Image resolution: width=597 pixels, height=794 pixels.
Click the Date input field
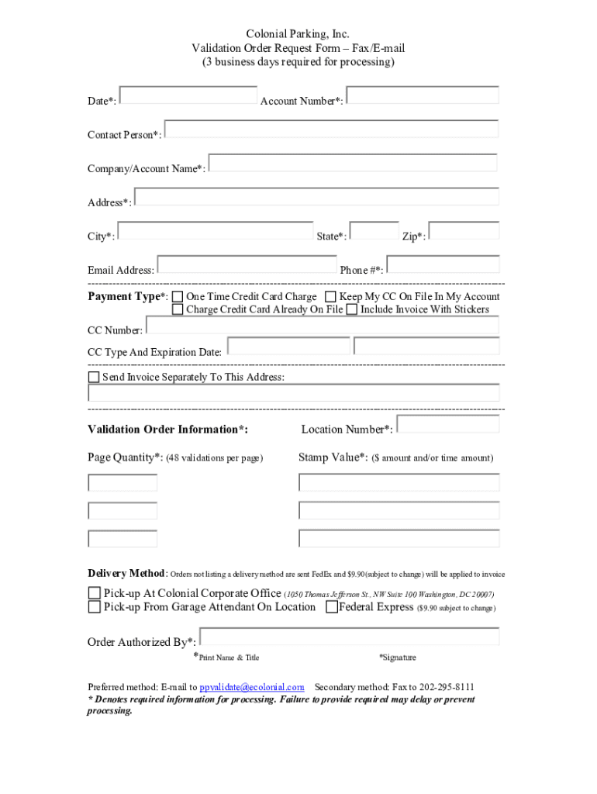tap(188, 95)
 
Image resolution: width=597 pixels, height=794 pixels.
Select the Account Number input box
tap(423, 95)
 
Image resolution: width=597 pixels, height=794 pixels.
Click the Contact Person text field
tap(331, 129)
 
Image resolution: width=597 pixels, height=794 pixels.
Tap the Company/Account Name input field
tap(353, 163)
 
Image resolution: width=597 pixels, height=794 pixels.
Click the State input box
tap(374, 231)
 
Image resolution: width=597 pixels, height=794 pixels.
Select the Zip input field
tap(464, 231)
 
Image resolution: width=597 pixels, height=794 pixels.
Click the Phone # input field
tap(443, 264)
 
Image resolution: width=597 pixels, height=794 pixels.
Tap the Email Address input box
tap(247, 264)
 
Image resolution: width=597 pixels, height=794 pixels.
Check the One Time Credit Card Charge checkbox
tap(178, 297)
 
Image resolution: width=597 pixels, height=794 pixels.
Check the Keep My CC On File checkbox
tap(331, 297)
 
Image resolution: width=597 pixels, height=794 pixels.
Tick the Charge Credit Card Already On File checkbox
tap(178, 309)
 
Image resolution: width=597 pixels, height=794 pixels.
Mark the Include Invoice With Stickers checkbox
tap(352, 309)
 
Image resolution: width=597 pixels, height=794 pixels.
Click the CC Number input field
tap(322, 325)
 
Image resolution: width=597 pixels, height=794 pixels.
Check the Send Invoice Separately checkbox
tap(94, 378)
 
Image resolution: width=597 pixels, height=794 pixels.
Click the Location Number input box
tap(447, 424)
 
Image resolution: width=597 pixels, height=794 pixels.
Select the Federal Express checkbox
tap(332, 607)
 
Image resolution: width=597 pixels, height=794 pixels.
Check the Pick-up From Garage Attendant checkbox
tap(94, 607)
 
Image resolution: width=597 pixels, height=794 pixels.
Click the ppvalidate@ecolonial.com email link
tap(252, 688)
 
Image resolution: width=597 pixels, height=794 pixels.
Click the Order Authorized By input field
tap(349, 637)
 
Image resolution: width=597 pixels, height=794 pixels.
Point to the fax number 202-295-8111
tap(447, 688)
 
